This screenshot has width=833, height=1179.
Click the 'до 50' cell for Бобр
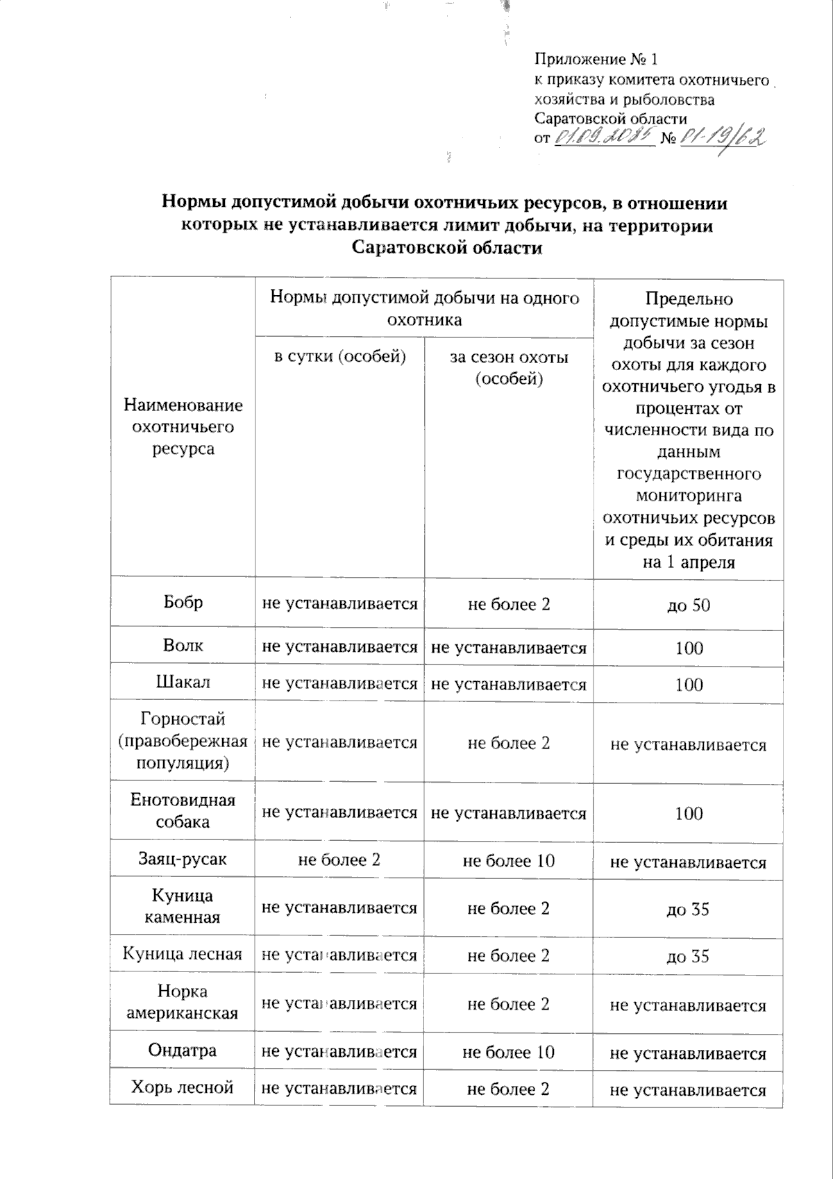point(689,605)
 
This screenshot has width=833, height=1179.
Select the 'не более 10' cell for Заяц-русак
point(509,861)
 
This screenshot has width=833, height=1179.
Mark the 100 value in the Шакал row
point(689,685)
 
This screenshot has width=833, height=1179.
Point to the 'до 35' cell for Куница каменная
point(689,910)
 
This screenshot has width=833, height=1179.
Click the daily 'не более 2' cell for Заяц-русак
point(339,860)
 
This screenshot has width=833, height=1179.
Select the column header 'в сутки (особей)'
point(339,357)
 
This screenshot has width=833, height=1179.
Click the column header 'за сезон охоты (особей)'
point(509,367)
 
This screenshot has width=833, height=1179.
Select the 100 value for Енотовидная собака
point(689,813)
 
